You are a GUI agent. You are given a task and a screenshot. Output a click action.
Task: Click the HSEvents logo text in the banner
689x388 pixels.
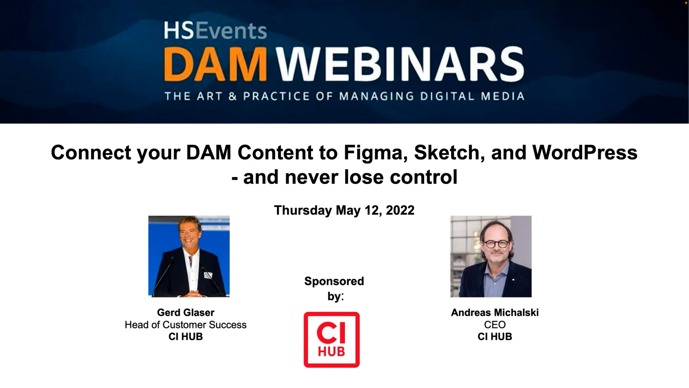click(x=215, y=30)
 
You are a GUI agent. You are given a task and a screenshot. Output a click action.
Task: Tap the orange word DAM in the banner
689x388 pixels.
click(x=215, y=64)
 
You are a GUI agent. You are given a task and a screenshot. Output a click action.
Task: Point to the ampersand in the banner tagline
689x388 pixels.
click(x=233, y=96)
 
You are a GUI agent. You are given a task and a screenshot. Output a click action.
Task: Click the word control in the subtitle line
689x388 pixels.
click(x=423, y=177)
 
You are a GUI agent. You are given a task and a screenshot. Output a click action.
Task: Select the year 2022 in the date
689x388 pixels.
click(x=400, y=210)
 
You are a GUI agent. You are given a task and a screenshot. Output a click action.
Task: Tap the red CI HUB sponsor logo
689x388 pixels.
click(x=332, y=340)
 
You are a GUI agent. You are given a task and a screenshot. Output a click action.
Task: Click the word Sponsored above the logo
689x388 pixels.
click(x=334, y=281)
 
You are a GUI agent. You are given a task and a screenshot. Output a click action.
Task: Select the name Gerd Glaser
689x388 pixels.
click(x=186, y=312)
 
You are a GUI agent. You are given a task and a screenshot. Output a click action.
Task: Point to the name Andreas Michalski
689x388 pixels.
click(x=495, y=312)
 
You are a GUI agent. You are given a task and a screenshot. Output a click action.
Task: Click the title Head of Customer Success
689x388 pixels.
click(x=185, y=325)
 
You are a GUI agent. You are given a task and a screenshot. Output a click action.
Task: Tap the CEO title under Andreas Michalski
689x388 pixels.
click(x=495, y=325)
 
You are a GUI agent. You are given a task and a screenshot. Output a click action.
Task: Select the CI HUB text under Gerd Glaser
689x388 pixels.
click(x=186, y=337)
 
